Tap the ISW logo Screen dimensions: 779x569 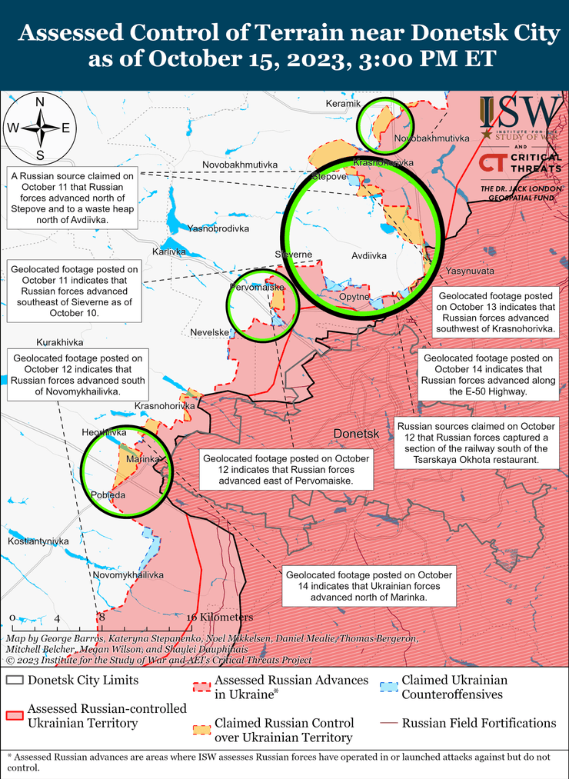520,115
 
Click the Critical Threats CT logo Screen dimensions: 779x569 492,163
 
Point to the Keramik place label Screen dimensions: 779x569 343,104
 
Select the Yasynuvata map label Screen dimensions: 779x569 470,271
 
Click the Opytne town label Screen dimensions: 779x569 354,296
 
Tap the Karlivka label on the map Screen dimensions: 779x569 168,251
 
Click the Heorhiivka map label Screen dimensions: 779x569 104,433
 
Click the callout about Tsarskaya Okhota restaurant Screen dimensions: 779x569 475,443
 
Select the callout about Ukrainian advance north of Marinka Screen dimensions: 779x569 369,586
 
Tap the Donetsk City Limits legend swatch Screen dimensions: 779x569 15,681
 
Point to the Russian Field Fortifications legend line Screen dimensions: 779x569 390,724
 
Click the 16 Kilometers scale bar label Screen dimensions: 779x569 219,617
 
